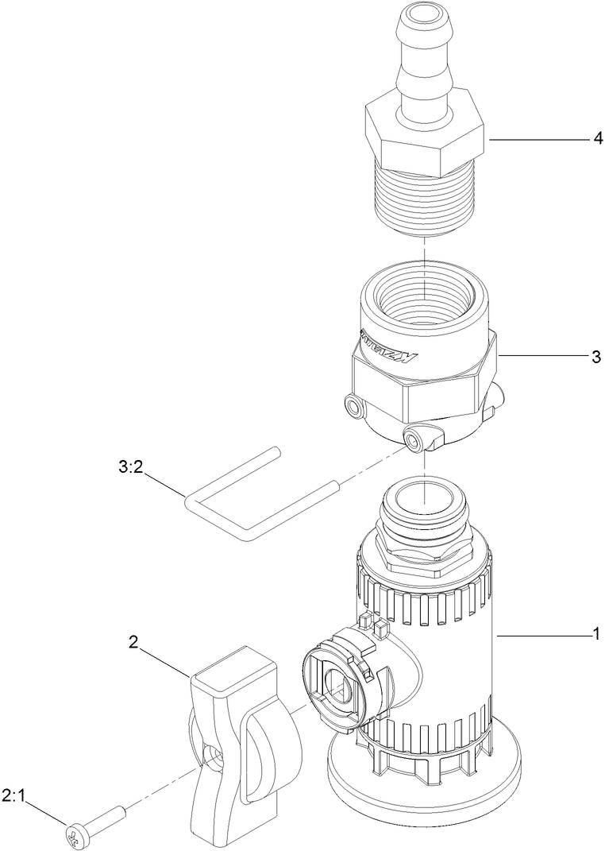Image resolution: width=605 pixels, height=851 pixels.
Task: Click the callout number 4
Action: pos(597,138)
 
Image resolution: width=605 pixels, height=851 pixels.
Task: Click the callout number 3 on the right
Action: pos(596,357)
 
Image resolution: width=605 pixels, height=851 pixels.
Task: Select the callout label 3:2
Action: pos(129,468)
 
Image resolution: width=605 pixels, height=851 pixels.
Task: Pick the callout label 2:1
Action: pos(13,794)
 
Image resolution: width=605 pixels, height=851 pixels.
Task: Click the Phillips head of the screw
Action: pos(74,834)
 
